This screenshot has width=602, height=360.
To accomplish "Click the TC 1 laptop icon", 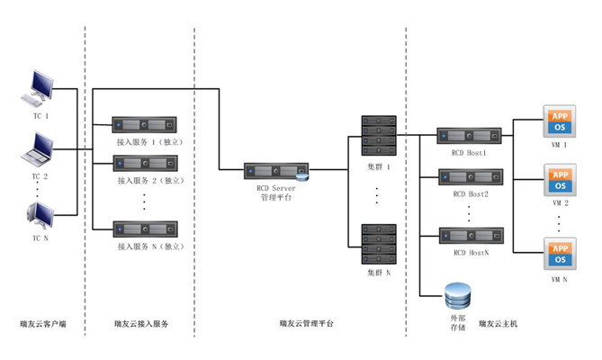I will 40,89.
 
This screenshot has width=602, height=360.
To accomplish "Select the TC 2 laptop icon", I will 40,148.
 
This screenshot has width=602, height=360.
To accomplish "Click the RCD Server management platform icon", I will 277,170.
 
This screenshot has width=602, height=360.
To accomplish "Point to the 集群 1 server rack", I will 378,135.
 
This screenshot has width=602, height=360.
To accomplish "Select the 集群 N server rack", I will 378,243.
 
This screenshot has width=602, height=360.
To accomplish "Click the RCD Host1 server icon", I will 469,136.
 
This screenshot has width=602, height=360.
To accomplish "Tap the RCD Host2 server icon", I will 469,176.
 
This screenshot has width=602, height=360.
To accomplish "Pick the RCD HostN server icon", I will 469,237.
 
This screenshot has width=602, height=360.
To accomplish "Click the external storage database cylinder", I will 458,295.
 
